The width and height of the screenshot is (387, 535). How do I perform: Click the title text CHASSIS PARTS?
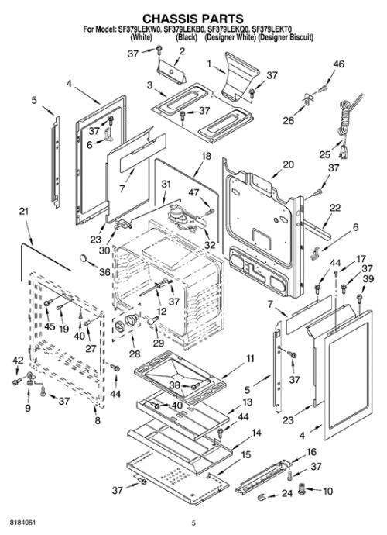point(193,18)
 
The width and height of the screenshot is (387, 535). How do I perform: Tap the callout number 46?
point(338,64)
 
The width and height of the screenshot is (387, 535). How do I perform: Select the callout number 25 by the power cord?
point(324,154)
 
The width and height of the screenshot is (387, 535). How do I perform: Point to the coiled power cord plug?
point(348,126)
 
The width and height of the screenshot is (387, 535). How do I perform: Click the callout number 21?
point(23,212)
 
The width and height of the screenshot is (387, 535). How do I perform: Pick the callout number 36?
point(105,272)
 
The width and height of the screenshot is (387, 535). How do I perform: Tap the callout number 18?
point(206,156)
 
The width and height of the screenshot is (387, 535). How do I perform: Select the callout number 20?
point(288,164)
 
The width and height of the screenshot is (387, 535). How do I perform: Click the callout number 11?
point(250,358)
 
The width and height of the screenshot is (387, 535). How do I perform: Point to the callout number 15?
point(245,455)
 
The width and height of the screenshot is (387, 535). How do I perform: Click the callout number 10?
point(327,491)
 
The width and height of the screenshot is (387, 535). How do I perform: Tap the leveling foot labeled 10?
point(302,489)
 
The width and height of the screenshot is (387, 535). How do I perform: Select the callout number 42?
point(18,361)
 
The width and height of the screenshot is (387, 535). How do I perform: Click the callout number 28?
point(135,354)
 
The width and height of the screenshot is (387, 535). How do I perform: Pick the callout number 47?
point(193,193)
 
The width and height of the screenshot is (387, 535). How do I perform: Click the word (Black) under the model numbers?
point(186,37)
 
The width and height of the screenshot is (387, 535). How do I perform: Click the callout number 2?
point(182,51)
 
